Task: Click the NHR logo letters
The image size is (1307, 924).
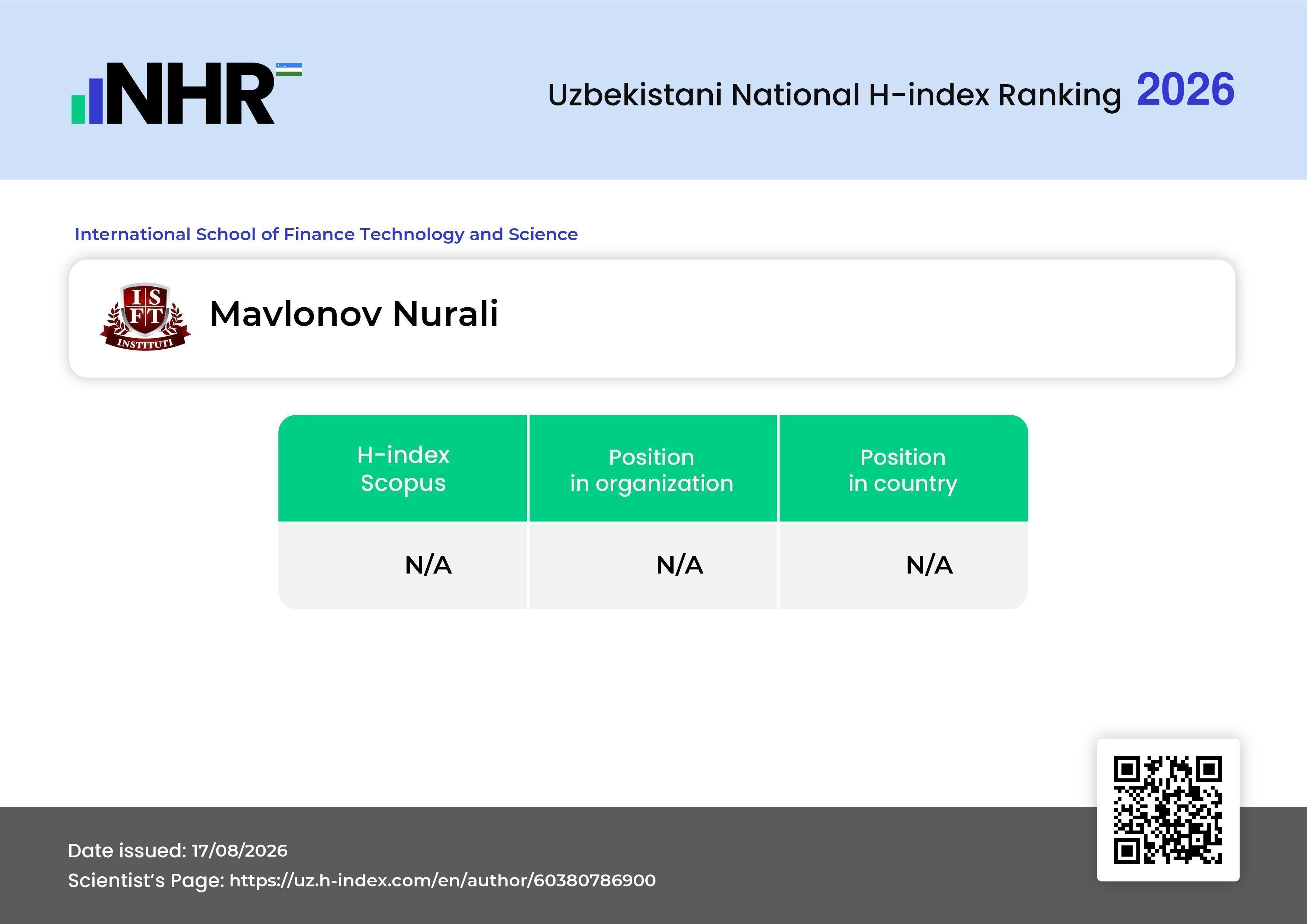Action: coord(190,93)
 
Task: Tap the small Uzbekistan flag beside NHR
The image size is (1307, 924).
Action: coord(289,69)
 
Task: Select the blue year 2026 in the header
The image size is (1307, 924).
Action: coord(1186,89)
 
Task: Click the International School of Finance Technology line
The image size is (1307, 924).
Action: coord(326,234)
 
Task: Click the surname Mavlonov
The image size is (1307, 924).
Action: coord(296,314)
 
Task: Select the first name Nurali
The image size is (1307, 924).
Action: coord(446,314)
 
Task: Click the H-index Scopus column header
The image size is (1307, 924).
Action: coord(403,469)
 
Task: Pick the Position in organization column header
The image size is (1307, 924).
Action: coord(652,470)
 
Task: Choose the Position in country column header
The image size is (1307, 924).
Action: coord(903,470)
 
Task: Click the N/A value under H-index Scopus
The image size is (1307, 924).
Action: coord(428,565)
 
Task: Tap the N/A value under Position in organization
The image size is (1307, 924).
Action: coord(680,565)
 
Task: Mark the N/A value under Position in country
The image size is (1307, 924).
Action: coord(929,565)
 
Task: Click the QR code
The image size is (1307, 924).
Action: coord(1168,810)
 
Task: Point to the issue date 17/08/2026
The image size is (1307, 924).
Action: coord(240,851)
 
